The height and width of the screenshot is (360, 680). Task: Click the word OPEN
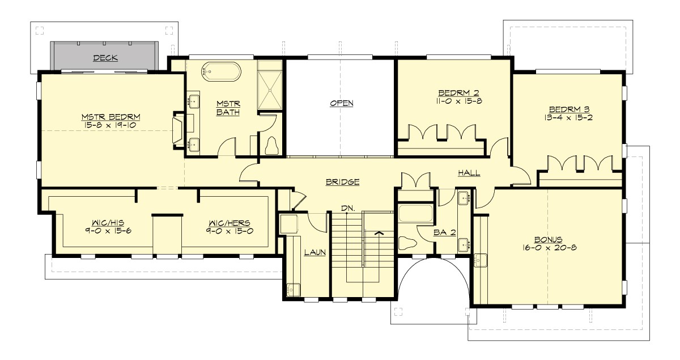pyautogui.click(x=342, y=103)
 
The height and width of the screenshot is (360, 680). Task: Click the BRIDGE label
pyautogui.click(x=342, y=182)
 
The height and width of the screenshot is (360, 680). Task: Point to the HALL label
pyautogui.click(x=470, y=173)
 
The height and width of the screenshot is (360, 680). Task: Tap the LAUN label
pyautogui.click(x=313, y=253)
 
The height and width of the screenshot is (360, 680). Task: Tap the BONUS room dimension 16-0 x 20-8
pyautogui.click(x=548, y=247)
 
